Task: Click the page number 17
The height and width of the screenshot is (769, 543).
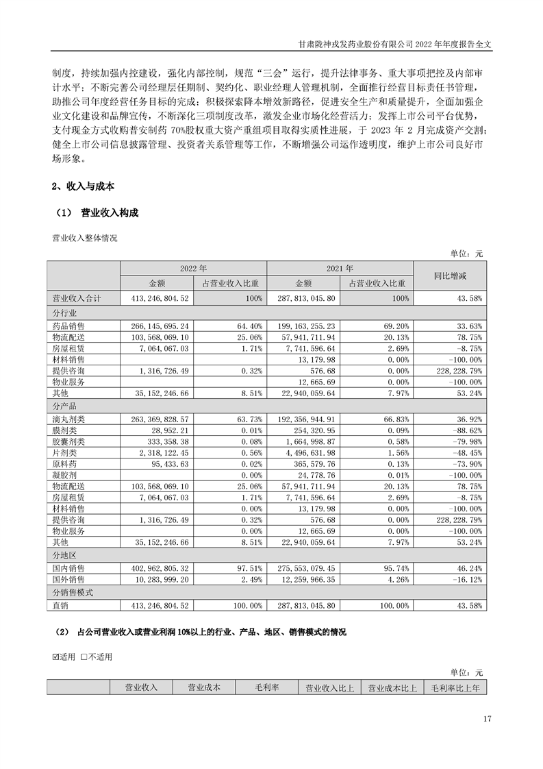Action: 488,719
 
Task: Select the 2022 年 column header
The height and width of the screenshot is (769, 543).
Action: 193,269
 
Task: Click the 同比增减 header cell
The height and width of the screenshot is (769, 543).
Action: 451,276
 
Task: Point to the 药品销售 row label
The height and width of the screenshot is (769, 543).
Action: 68,326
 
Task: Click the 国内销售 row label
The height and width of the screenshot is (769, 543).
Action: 68,569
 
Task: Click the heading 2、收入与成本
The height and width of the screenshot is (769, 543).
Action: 83,186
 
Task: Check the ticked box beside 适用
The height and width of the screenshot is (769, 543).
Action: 57,657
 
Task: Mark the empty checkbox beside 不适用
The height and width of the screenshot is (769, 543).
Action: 84,657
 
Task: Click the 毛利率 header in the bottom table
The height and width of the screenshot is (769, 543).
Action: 266,687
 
